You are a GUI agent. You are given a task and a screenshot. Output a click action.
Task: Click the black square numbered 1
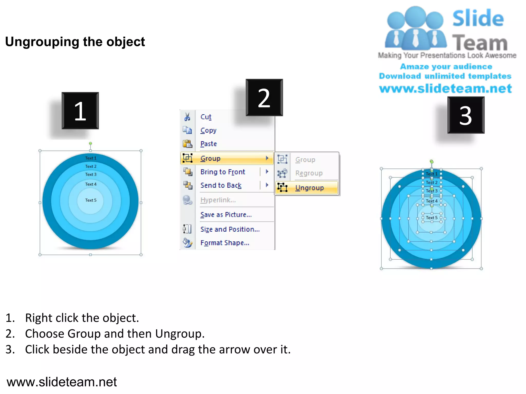[80, 111]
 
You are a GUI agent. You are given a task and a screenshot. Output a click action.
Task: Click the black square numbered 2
[264, 97]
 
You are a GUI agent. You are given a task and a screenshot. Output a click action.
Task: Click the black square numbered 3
[466, 115]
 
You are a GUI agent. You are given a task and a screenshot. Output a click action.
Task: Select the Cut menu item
[206, 117]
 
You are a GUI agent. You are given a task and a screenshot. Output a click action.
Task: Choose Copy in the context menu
[208, 130]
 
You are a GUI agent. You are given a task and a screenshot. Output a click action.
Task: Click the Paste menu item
[209, 144]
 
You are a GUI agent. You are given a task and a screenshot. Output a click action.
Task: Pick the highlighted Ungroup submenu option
[309, 188]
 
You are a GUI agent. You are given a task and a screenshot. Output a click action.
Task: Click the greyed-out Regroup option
[309, 173]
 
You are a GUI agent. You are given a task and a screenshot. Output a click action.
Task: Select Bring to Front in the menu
[223, 172]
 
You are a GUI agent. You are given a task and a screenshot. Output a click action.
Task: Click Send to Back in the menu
[221, 185]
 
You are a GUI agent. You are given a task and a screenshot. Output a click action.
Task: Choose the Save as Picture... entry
[226, 215]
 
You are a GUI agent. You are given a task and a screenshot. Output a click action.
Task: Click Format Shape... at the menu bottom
[225, 243]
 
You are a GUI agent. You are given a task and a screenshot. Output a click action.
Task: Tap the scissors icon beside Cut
[187, 117]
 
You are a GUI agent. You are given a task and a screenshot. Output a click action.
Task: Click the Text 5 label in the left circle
[91, 200]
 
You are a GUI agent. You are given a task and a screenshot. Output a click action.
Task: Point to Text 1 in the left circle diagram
[91, 158]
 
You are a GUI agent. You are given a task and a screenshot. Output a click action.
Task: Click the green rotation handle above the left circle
[90, 144]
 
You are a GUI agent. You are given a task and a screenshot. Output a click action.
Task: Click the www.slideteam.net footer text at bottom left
[62, 382]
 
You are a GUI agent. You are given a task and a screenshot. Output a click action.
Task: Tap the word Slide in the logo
[478, 18]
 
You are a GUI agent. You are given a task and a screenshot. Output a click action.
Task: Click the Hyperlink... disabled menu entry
[218, 200]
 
